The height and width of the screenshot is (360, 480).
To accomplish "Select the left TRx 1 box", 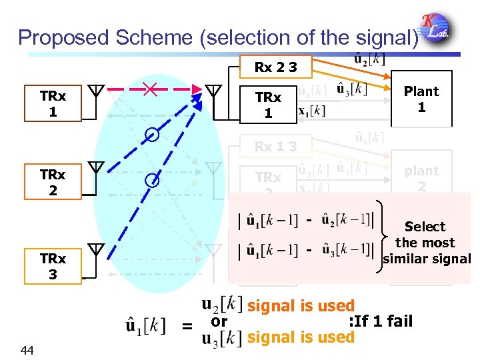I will click(53, 103).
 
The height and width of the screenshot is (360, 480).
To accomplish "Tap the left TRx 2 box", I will click(53, 183).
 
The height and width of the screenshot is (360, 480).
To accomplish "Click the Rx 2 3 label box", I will click(275, 67).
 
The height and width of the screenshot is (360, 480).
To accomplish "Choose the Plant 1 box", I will click(421, 99).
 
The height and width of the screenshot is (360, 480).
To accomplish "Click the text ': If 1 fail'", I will click(381, 322).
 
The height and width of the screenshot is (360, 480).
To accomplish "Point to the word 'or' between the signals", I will click(219, 321).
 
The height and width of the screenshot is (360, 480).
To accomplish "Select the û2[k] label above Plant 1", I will click(368, 59).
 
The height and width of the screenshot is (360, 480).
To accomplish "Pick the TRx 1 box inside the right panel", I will click(268, 105).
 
